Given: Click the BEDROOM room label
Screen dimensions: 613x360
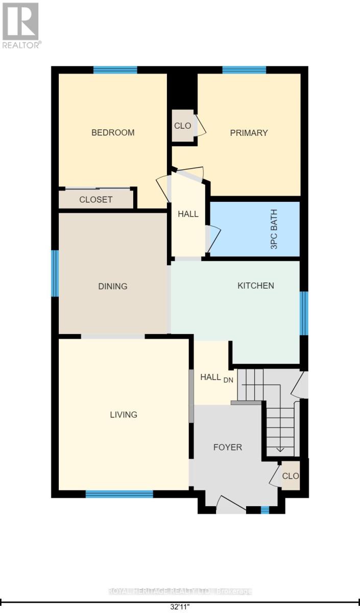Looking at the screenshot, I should [x=113, y=133].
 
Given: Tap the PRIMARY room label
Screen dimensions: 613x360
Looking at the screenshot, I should [x=249, y=133].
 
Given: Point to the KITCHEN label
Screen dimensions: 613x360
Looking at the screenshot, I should [x=256, y=286].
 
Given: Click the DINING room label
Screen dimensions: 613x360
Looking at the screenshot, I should [x=113, y=286].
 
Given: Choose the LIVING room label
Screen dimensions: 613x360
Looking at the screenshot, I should [x=124, y=414].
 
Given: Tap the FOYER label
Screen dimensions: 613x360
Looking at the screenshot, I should [x=227, y=447].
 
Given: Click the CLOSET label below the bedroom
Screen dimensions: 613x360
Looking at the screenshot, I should [x=96, y=200].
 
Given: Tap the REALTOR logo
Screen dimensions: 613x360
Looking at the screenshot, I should [x=21, y=25].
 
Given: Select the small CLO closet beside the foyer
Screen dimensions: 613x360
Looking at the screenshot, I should [x=291, y=476].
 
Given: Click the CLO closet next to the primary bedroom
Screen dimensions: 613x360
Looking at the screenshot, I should [x=182, y=125].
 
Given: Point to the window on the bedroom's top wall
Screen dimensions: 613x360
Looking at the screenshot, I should [x=115, y=70].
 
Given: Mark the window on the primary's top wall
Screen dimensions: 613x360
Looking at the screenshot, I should [x=244, y=70].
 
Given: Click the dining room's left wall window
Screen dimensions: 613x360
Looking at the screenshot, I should [x=55, y=273].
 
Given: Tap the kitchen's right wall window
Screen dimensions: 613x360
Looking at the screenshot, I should [x=304, y=313].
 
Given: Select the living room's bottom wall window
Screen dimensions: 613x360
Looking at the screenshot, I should [x=119, y=494].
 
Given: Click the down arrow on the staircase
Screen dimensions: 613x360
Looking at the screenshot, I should [x=280, y=449].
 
